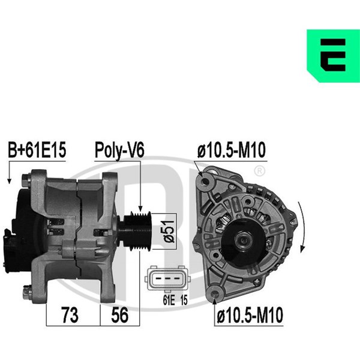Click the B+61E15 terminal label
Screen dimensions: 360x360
click(37, 149)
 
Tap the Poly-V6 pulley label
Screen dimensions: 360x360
click(119, 151)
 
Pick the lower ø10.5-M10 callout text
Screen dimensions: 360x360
click(250, 315)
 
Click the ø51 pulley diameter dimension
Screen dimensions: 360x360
click(169, 231)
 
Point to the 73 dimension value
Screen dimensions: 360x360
click(70, 315)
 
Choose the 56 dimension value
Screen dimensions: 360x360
click(119, 315)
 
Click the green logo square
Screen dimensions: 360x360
click(333, 56)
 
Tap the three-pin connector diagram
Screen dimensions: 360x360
click(167, 278)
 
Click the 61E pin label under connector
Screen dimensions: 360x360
click(169, 300)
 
